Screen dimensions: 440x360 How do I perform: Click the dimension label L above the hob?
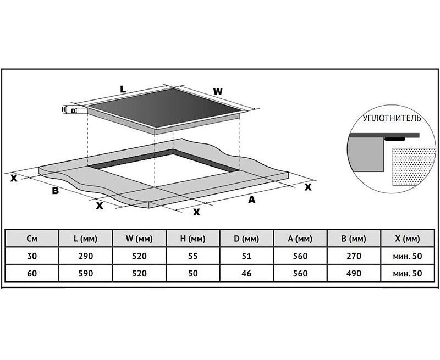click(123, 89)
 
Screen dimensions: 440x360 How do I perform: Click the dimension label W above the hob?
click(218, 91)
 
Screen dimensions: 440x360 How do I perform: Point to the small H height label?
click(64, 109)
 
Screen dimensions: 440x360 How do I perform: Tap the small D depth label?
click(73, 111)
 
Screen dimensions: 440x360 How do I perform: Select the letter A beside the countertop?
click(252, 200)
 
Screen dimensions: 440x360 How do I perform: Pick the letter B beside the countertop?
click(56, 191)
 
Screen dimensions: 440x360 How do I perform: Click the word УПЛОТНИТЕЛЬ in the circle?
click(392, 118)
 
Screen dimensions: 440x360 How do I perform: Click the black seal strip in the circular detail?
click(394, 139)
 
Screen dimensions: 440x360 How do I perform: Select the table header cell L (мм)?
click(86, 239)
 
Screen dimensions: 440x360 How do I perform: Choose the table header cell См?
click(32, 239)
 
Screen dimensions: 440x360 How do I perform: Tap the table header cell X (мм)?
click(408, 239)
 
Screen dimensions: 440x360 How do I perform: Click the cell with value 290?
click(86, 256)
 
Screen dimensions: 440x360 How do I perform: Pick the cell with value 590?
click(86, 273)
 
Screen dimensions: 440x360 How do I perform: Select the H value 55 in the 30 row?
click(193, 256)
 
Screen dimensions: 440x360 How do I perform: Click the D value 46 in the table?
click(246, 273)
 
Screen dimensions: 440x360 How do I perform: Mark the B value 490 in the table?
click(354, 273)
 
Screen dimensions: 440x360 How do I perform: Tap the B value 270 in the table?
click(354, 256)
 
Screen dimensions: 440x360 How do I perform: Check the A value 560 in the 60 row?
click(300, 273)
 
